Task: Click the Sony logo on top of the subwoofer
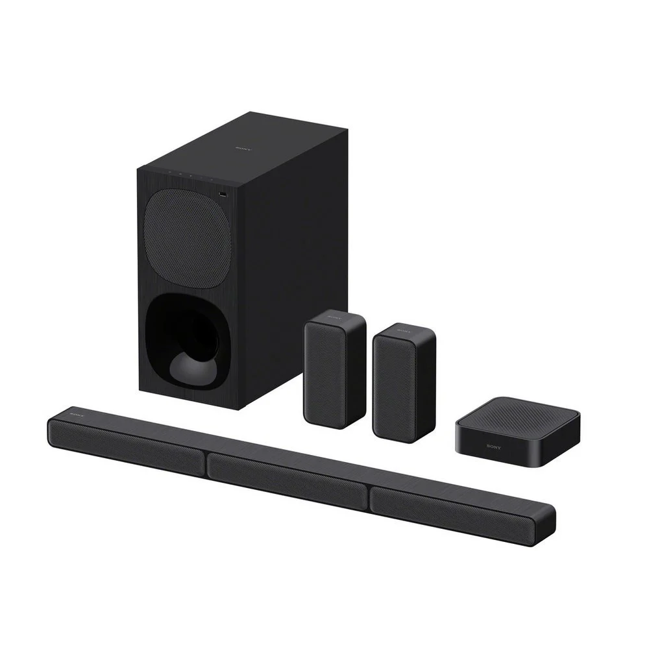pos(241,148)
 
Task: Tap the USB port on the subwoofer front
pos(223,194)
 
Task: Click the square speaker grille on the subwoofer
pos(186,241)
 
